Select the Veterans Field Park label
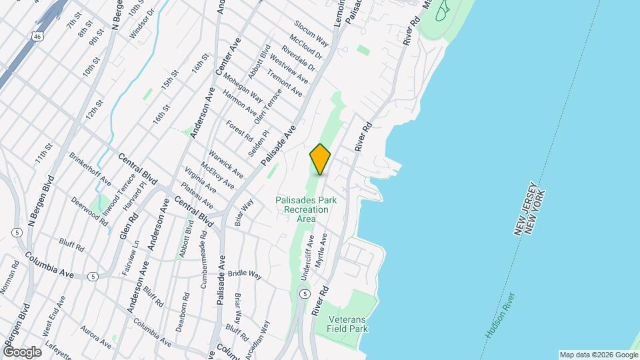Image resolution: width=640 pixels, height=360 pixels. pos(347,323)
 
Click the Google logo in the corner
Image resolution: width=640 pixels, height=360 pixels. pos(22,351)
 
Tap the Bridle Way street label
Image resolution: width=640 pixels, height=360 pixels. pos(245,273)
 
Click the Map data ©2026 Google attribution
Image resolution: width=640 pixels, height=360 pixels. pos(599,355)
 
